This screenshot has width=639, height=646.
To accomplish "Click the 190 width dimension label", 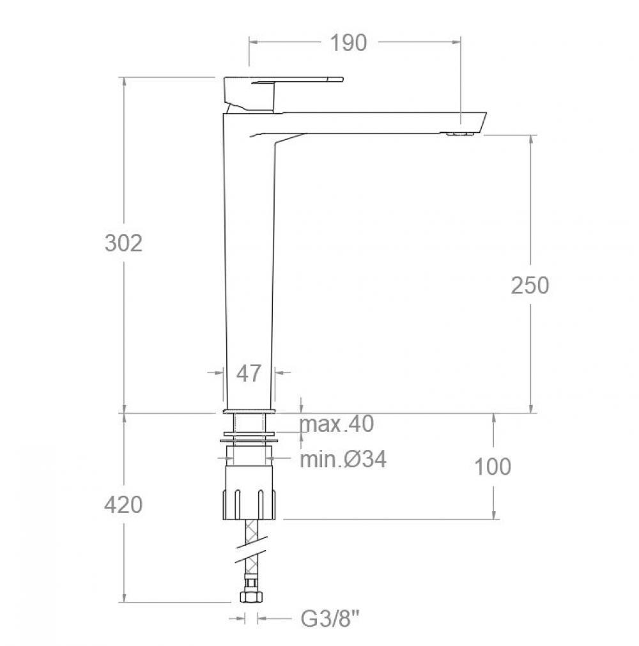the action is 348,43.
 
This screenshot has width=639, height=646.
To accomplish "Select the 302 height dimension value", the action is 123,243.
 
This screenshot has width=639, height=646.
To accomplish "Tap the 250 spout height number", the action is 530,285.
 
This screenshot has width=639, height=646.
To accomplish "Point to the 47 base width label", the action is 249,374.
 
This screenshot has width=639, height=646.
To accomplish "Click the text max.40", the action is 337,424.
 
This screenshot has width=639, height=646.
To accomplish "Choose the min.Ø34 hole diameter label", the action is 343,459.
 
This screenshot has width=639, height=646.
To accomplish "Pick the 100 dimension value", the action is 493,466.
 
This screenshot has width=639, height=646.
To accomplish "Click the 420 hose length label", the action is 123,505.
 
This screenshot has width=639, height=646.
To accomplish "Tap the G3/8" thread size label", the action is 330,619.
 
